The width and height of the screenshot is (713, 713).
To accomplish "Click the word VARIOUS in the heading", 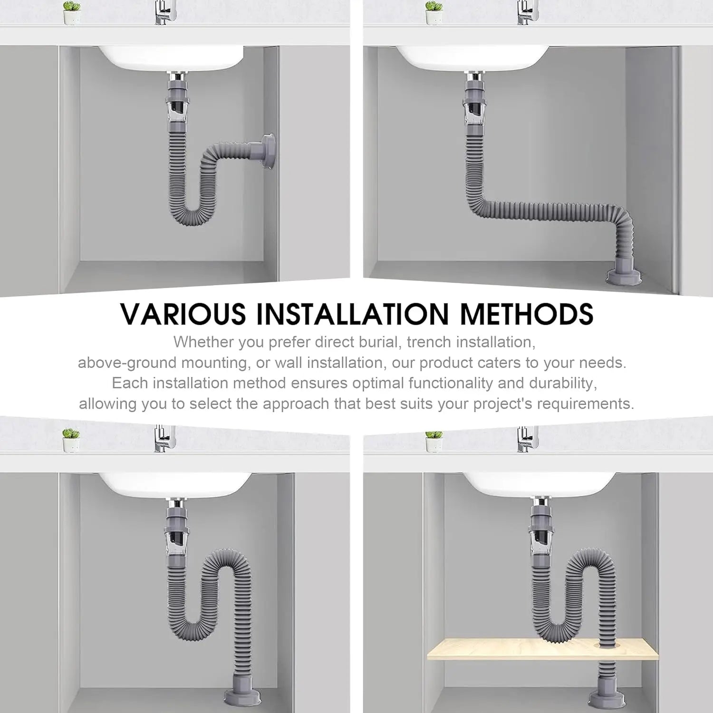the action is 183,314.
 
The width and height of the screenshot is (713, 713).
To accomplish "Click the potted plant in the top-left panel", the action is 72,13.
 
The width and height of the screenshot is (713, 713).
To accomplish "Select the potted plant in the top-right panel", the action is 434,13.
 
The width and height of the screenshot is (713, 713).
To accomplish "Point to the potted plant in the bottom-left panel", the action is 71,440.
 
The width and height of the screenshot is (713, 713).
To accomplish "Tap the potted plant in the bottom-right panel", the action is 434,441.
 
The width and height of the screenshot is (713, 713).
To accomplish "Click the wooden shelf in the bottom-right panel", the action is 543,650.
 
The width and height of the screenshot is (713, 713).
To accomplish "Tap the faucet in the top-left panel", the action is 164,12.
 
